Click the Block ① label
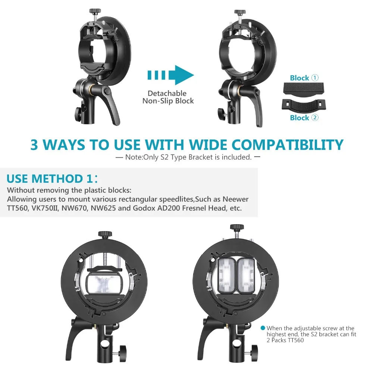pos(304,78)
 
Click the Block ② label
pos(304,117)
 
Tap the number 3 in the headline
pos(34,144)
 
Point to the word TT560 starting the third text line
pos(17,208)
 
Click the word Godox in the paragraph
pos(143,208)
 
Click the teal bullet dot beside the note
pos(263,328)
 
